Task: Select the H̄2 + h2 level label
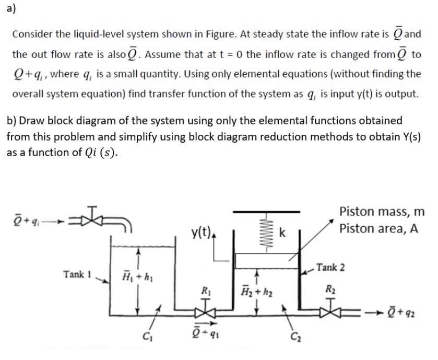click(256, 287)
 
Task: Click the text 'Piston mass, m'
click(382, 212)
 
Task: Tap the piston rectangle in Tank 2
click(268, 260)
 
